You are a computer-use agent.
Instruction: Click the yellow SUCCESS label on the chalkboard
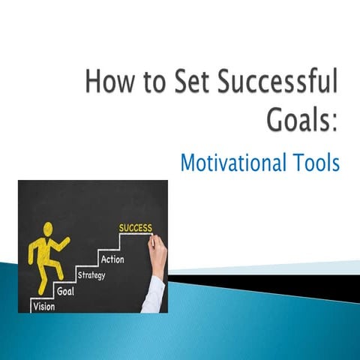click(x=135, y=228)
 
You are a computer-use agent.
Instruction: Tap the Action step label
click(x=112, y=259)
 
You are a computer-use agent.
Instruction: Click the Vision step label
click(x=43, y=306)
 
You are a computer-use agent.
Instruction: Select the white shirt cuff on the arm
click(x=153, y=292)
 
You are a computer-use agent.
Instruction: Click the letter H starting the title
click(x=93, y=80)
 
